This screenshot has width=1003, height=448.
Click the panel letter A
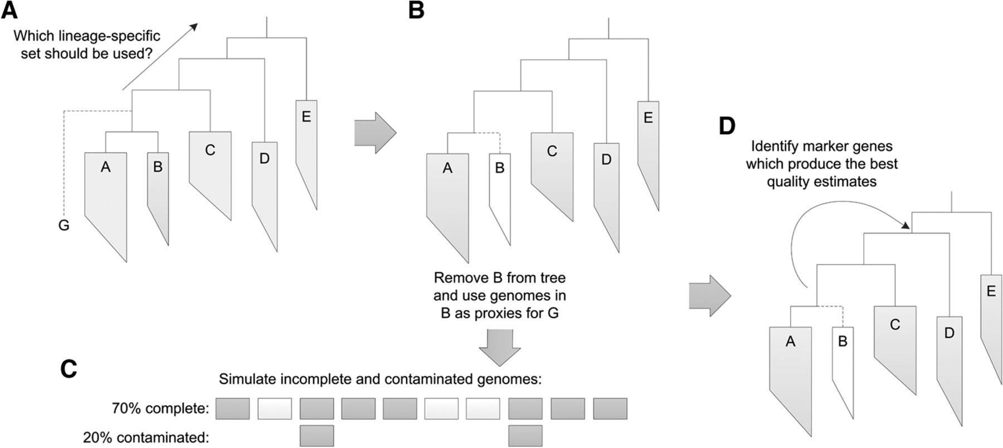click(9, 9)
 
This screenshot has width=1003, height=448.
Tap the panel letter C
click(68, 369)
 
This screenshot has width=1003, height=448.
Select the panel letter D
click(727, 126)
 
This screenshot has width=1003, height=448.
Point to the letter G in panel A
click(64, 226)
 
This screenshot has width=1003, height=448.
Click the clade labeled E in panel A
click(306, 139)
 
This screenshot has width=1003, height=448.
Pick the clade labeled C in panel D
click(895, 340)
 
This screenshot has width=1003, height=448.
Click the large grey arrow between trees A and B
click(375, 133)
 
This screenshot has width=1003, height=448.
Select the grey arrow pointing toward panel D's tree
click(709, 296)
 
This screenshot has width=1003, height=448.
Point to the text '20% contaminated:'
click(146, 437)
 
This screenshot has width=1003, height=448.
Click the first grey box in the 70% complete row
click(232, 408)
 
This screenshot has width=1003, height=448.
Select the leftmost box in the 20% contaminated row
click(317, 436)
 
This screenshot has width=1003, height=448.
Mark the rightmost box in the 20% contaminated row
click(525, 436)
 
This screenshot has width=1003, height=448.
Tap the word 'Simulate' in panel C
click(244, 380)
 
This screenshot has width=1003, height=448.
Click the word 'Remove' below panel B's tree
click(456, 277)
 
